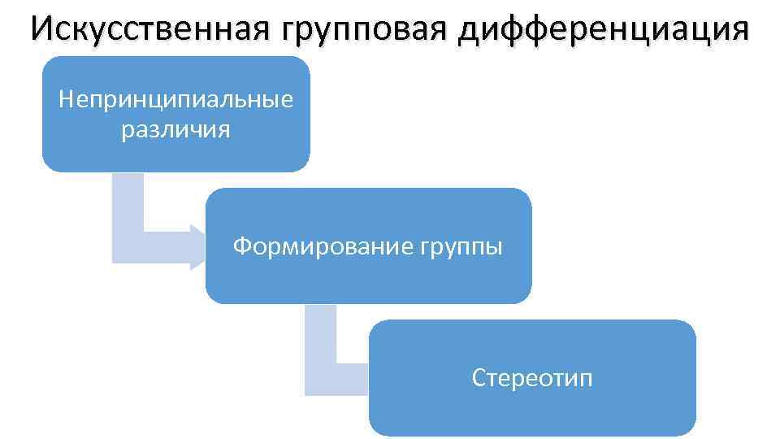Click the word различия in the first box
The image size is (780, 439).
pyautogui.click(x=175, y=129)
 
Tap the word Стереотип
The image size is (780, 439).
pyautogui.click(x=532, y=378)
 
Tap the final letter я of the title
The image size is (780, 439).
pyautogui.click(x=739, y=30)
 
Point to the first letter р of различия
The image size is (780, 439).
pyautogui.click(x=127, y=131)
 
